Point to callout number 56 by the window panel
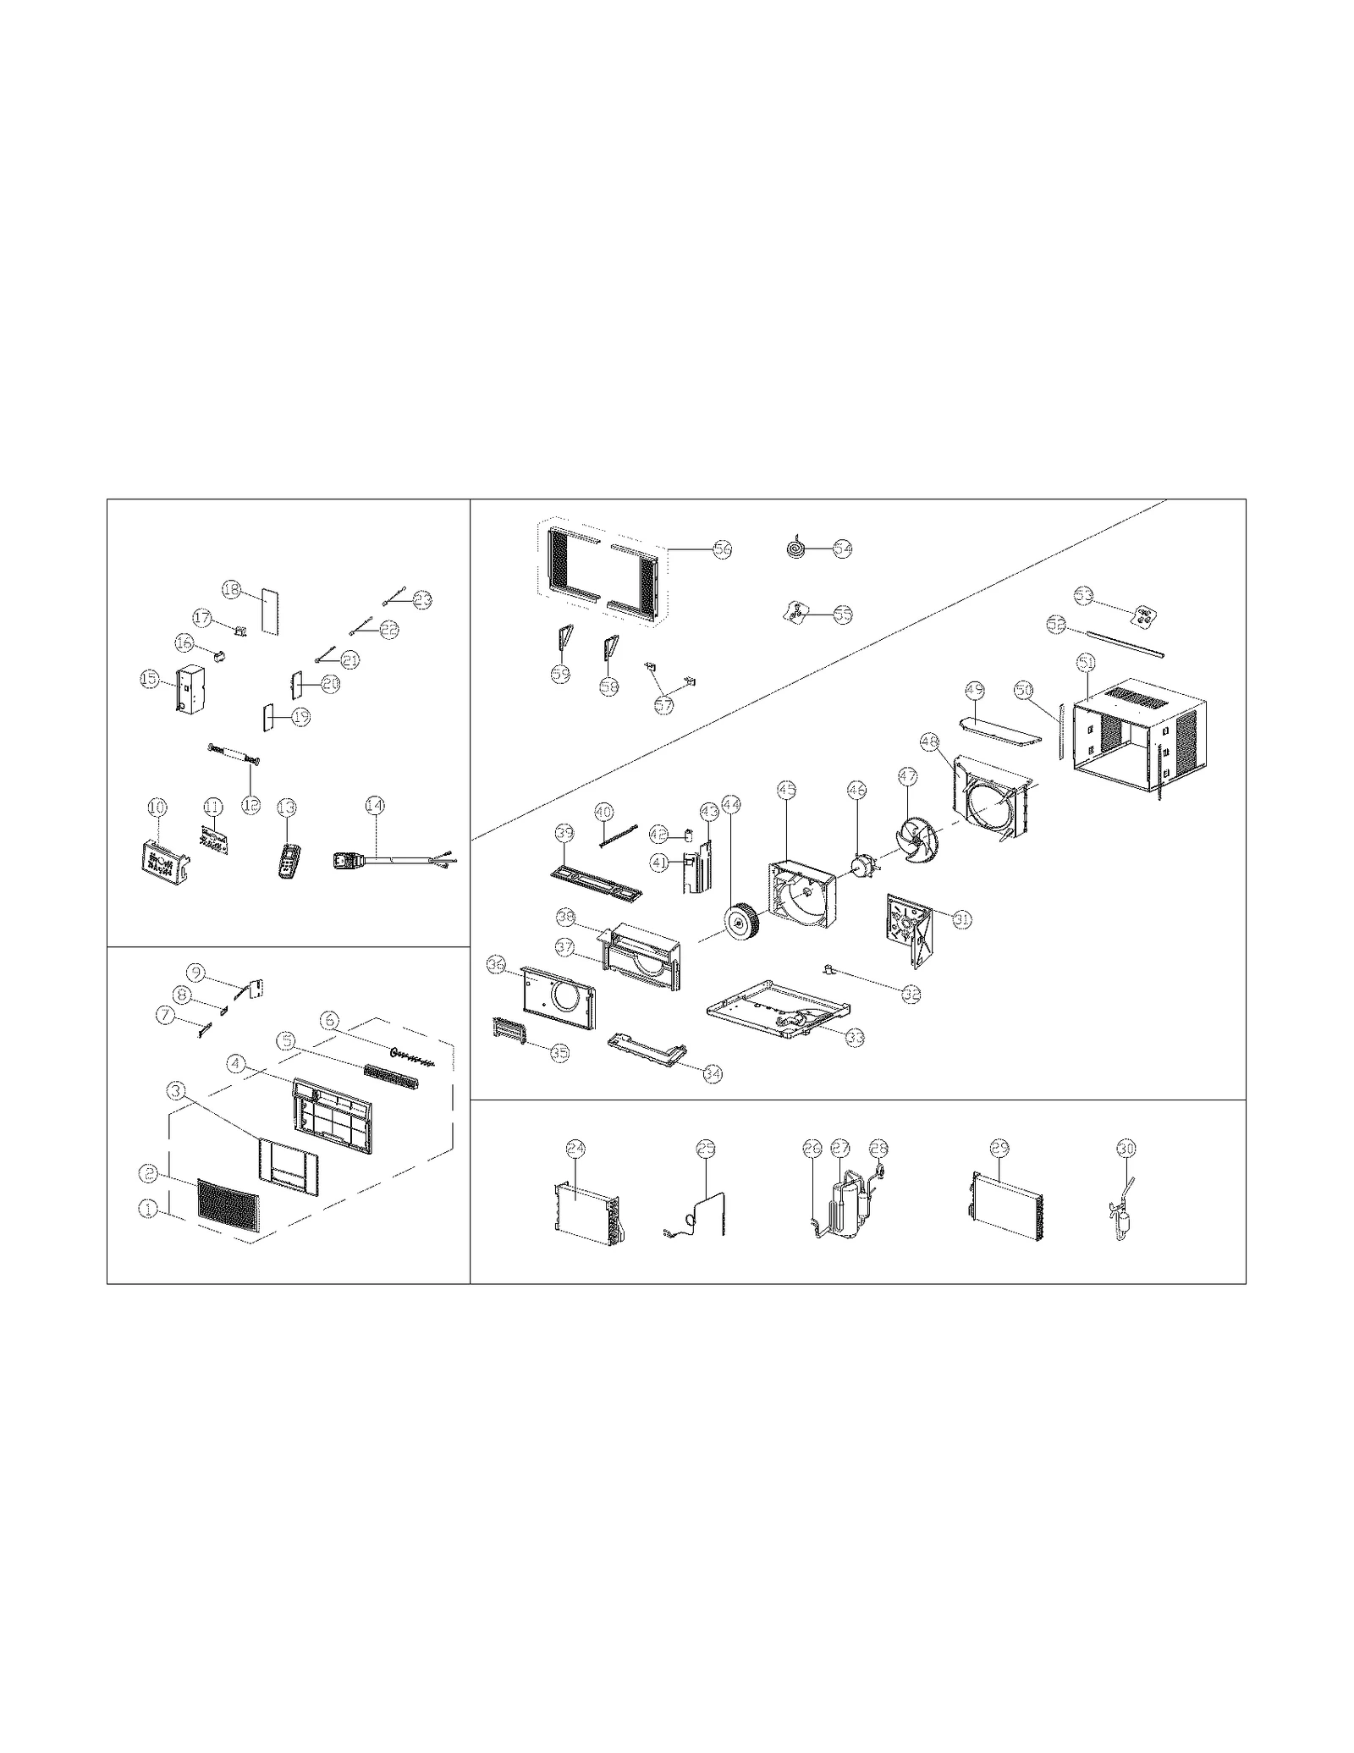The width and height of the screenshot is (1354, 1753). (x=721, y=549)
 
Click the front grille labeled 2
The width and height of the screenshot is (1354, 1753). (x=225, y=1204)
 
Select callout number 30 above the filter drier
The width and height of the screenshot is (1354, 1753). (x=1126, y=1148)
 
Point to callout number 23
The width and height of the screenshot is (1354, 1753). (x=422, y=599)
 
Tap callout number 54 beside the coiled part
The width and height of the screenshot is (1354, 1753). (x=842, y=549)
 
